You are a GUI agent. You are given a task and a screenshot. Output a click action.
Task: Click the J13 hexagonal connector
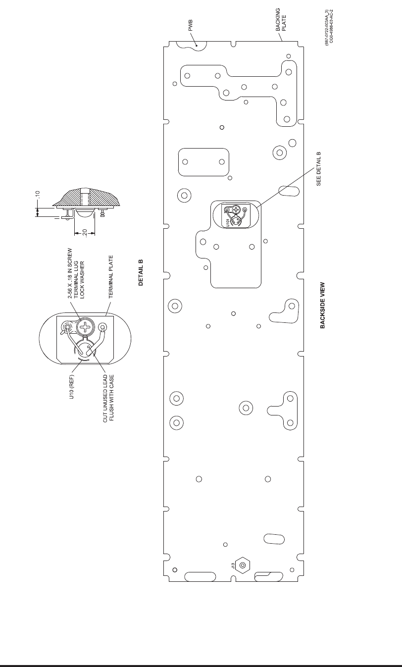pos(243,565)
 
